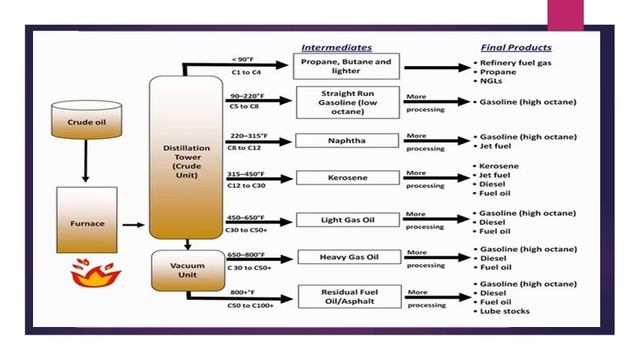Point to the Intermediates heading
pos(337,47)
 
